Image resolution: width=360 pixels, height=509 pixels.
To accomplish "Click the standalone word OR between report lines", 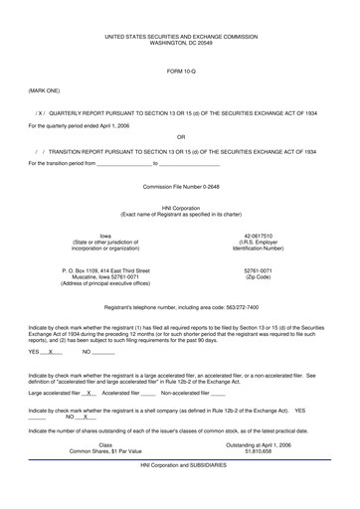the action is (x=180, y=138).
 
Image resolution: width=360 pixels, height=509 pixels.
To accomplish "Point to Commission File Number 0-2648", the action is (x=180, y=186).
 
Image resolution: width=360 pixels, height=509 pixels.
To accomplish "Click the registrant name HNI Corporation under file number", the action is (x=180, y=208).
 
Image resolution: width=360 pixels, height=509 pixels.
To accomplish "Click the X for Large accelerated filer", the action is (x=90, y=393).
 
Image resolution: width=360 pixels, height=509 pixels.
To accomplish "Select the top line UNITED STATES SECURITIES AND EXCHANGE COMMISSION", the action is (x=180, y=35).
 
